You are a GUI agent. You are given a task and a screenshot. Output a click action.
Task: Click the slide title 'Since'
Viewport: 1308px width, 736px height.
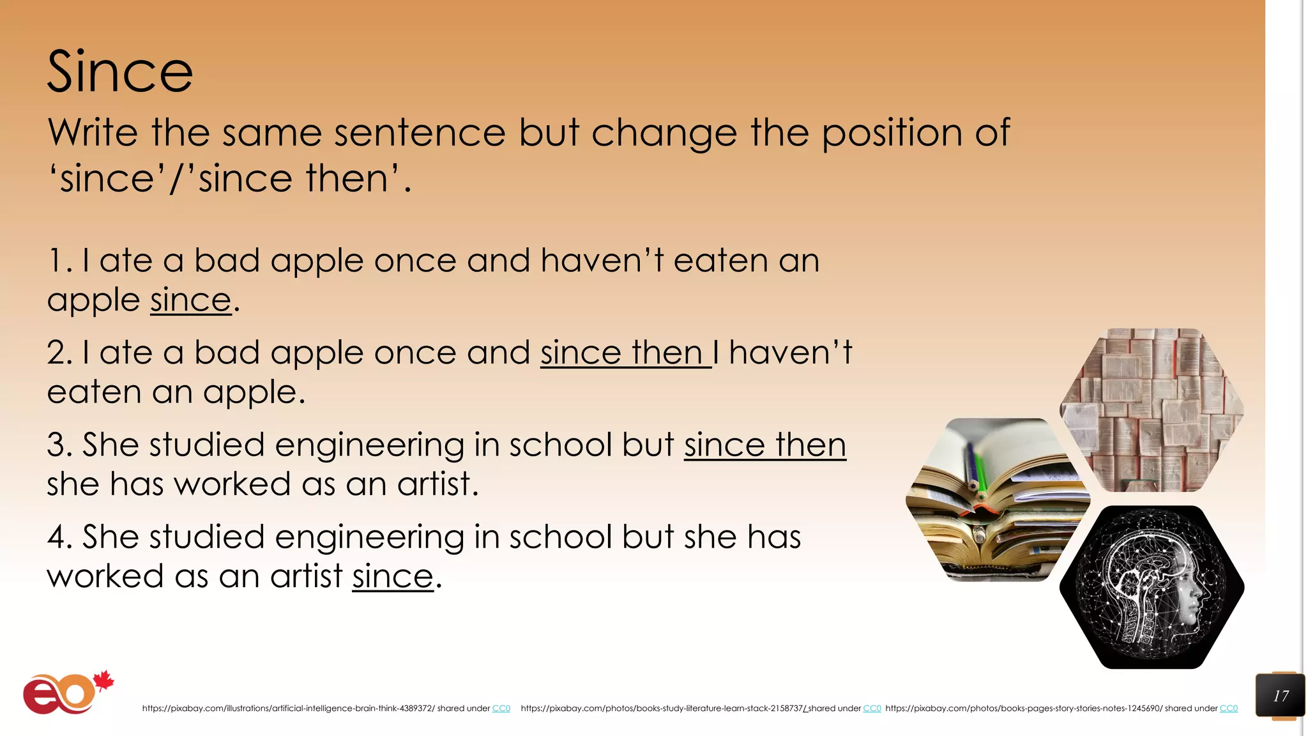[x=120, y=72]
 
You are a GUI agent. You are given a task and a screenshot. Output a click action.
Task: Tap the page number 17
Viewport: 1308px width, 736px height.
[x=1280, y=696]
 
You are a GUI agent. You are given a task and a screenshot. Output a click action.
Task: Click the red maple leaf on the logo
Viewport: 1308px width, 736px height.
[x=104, y=681]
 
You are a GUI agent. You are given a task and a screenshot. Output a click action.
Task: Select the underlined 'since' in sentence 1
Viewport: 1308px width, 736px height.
[x=190, y=300]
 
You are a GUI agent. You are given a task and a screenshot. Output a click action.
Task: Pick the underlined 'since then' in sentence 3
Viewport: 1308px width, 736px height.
[x=764, y=445]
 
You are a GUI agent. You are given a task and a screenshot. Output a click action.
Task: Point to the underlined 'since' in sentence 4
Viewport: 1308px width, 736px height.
[x=392, y=577]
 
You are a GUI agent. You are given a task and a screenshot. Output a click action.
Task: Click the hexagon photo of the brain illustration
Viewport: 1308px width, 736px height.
[x=1152, y=587]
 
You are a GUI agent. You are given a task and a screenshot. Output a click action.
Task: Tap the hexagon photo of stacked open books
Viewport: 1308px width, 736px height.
[x=998, y=500]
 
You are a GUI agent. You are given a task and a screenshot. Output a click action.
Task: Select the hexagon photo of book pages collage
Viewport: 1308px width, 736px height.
[x=1152, y=410]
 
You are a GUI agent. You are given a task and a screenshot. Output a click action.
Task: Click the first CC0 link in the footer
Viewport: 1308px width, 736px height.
[x=501, y=709]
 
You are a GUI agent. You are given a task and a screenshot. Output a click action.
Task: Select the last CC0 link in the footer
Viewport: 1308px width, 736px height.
[x=1228, y=709]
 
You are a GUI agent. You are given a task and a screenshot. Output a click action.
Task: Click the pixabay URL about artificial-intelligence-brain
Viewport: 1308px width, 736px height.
[x=288, y=709]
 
